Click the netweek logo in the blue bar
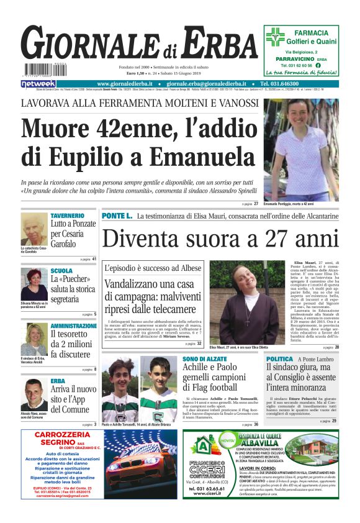pyautogui.click(x=38, y=83)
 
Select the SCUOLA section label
pyautogui.click(x=61, y=271)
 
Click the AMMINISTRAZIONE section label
pyautogui.click(x=74, y=325)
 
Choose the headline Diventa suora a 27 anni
pyautogui.click(x=220, y=239)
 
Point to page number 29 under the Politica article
pyautogui.click(x=334, y=421)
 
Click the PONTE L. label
pyautogui.click(x=117, y=216)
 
